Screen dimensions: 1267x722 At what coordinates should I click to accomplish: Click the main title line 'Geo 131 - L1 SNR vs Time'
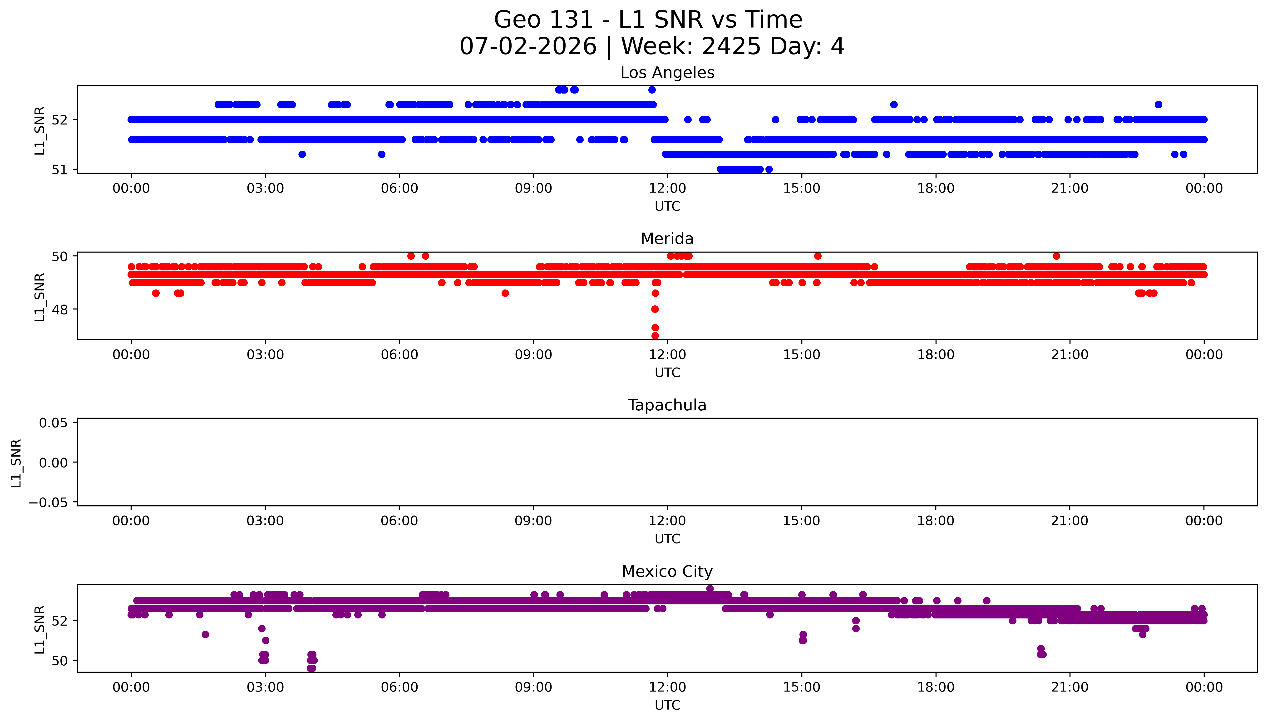(648, 20)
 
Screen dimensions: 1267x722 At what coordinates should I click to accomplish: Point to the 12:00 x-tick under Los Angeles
(667, 189)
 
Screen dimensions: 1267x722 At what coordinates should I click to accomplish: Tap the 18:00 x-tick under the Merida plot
(936, 354)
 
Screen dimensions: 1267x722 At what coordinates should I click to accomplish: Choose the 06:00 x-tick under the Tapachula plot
(399, 521)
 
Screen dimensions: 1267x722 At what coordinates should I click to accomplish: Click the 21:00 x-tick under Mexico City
(1070, 687)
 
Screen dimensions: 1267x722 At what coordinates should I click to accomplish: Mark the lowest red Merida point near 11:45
(655, 336)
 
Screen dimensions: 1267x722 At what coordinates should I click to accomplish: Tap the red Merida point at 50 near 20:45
(1056, 256)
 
